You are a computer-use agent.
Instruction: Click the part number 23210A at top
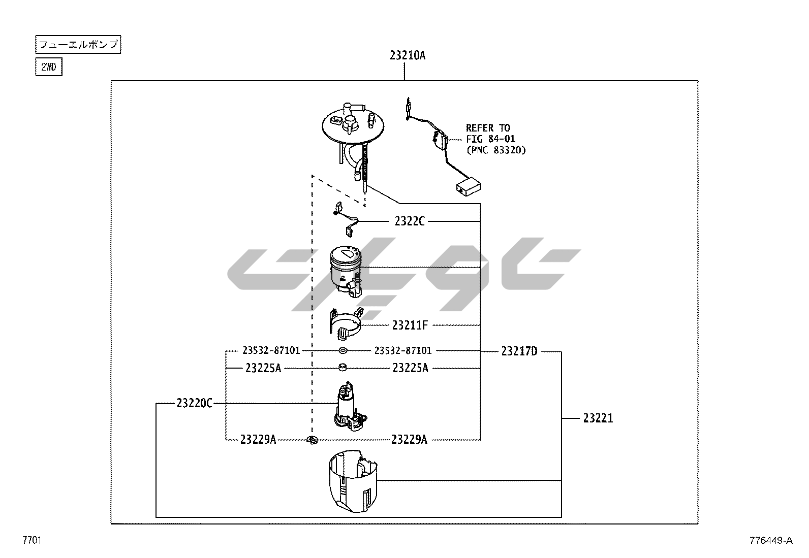click(408, 55)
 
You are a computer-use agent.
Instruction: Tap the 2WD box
click(49, 67)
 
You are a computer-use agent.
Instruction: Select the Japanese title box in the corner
click(78, 45)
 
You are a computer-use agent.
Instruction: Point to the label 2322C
click(410, 221)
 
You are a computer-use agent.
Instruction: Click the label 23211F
click(410, 325)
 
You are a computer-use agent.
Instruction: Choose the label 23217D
click(519, 351)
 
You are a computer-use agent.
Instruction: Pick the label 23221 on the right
click(598, 418)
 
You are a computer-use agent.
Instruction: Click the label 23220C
click(194, 404)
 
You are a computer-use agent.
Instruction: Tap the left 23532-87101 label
click(271, 350)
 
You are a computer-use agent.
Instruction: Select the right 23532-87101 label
click(402, 350)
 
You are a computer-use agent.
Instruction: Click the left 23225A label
click(263, 368)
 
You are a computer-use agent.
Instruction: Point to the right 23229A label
click(409, 440)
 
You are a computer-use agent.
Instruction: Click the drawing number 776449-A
click(770, 540)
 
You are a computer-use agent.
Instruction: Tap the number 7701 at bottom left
click(32, 540)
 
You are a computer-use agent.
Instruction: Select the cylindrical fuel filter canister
click(346, 269)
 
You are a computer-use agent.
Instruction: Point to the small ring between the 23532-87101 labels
click(343, 350)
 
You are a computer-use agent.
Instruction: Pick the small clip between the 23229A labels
click(312, 440)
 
